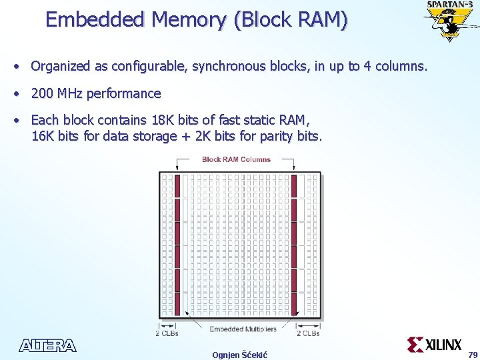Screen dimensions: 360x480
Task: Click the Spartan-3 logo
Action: click(450, 20)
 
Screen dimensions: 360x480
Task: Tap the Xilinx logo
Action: click(435, 344)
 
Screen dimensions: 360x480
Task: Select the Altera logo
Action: click(47, 345)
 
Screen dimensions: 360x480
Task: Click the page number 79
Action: click(473, 354)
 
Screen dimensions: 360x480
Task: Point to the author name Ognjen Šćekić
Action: click(239, 355)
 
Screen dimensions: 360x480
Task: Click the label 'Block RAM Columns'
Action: click(236, 159)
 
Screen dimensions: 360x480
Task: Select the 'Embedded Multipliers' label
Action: click(242, 329)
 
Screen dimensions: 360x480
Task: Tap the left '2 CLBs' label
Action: click(167, 333)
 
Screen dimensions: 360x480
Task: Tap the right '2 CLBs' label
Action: click(308, 333)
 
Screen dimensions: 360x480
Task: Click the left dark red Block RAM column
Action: click(177, 245)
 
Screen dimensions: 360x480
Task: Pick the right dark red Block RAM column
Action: click(293, 245)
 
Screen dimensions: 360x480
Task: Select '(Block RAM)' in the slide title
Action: click(291, 19)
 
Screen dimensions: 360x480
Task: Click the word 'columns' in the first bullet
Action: click(399, 67)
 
